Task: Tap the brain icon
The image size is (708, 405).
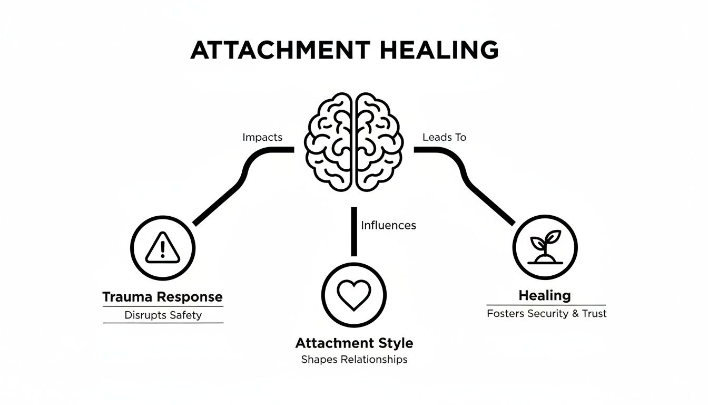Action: click(354, 142)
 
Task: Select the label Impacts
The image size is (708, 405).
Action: click(262, 137)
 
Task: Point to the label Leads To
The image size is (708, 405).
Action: click(444, 137)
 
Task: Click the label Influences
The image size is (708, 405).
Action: click(388, 225)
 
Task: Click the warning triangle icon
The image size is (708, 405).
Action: click(163, 248)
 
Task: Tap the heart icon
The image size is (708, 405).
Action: click(354, 294)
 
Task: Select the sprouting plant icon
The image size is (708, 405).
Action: click(545, 247)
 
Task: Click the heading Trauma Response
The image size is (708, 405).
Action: click(162, 296)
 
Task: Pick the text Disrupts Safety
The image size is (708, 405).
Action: click(163, 315)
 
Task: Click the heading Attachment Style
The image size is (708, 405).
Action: click(354, 343)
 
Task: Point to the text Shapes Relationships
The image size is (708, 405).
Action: click(354, 360)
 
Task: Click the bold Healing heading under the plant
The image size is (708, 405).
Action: click(545, 295)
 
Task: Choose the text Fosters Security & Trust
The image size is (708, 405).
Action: click(547, 313)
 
